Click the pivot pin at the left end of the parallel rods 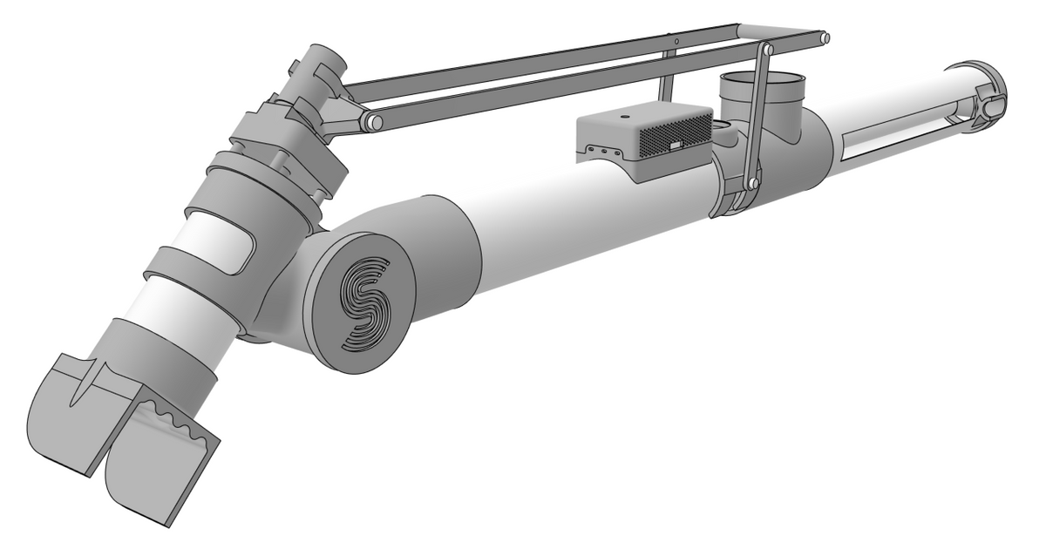pyautogui.click(x=373, y=122)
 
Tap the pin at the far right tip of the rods pyautogui.click(x=824, y=38)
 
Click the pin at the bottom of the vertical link pyautogui.click(x=748, y=184)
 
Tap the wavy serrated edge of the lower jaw pyautogui.click(x=179, y=421)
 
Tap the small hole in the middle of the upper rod pyautogui.click(x=676, y=41)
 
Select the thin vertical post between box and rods pyautogui.click(x=666, y=78)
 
